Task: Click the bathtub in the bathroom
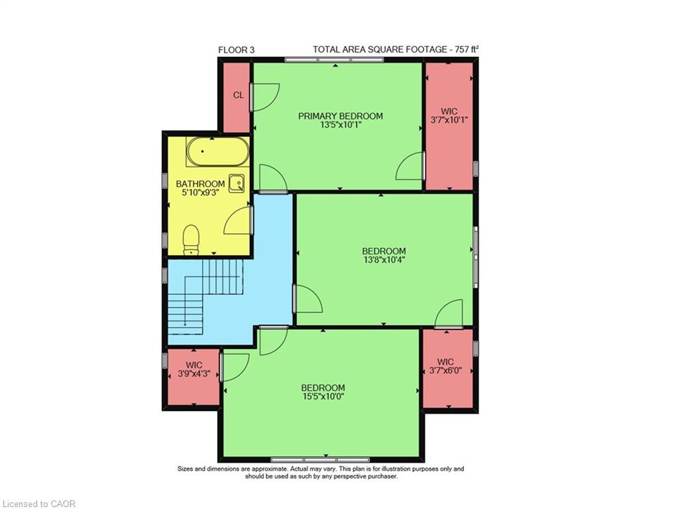pyautogui.click(x=217, y=151)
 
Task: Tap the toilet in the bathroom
pyautogui.click(x=192, y=240)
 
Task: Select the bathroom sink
pyautogui.click(x=237, y=184)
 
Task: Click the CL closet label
pyautogui.click(x=239, y=95)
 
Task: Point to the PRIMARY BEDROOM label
pyautogui.click(x=341, y=116)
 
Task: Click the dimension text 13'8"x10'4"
pyautogui.click(x=384, y=260)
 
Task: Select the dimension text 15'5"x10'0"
pyautogui.click(x=323, y=396)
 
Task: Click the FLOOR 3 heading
pyautogui.click(x=237, y=50)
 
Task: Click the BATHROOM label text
pyautogui.click(x=200, y=184)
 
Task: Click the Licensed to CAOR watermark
pyautogui.click(x=38, y=504)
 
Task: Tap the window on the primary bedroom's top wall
pyautogui.click(x=334, y=60)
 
